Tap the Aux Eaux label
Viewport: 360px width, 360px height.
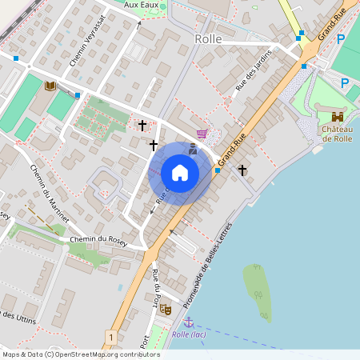click(x=142, y=4)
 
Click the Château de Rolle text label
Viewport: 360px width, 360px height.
click(x=338, y=133)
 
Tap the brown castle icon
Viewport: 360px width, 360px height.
click(x=337, y=117)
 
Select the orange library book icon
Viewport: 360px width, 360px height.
click(x=50, y=86)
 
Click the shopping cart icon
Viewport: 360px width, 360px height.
click(x=201, y=133)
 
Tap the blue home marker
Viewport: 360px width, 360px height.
click(x=180, y=172)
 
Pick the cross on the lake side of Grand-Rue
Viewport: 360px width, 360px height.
click(x=242, y=170)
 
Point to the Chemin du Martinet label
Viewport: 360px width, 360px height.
click(x=47, y=193)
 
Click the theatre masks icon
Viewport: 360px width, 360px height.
click(x=165, y=309)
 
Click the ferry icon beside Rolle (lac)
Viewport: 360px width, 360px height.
click(x=189, y=322)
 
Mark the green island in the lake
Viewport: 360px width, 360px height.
click(x=258, y=292)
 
